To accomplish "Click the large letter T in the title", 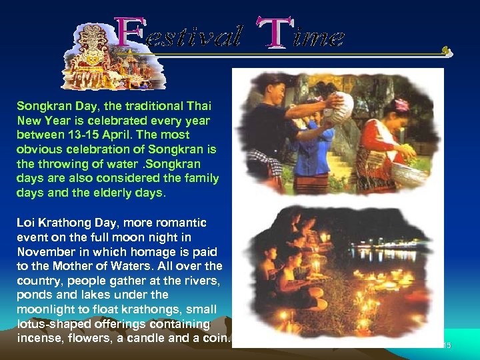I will pyautogui.click(x=273, y=33).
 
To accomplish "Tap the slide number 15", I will pyautogui.click(x=447, y=345).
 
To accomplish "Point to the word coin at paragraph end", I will pyautogui.click(x=217, y=338).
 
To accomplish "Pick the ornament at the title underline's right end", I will pyautogui.click(x=447, y=51).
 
